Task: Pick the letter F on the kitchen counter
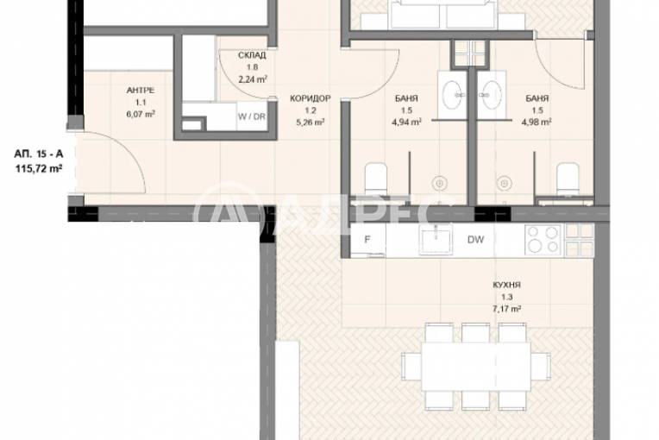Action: point(367,240)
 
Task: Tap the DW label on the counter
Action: point(474,240)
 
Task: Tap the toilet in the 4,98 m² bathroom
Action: point(567,179)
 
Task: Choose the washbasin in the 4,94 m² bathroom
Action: point(451,91)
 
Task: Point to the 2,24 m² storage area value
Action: point(252,79)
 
